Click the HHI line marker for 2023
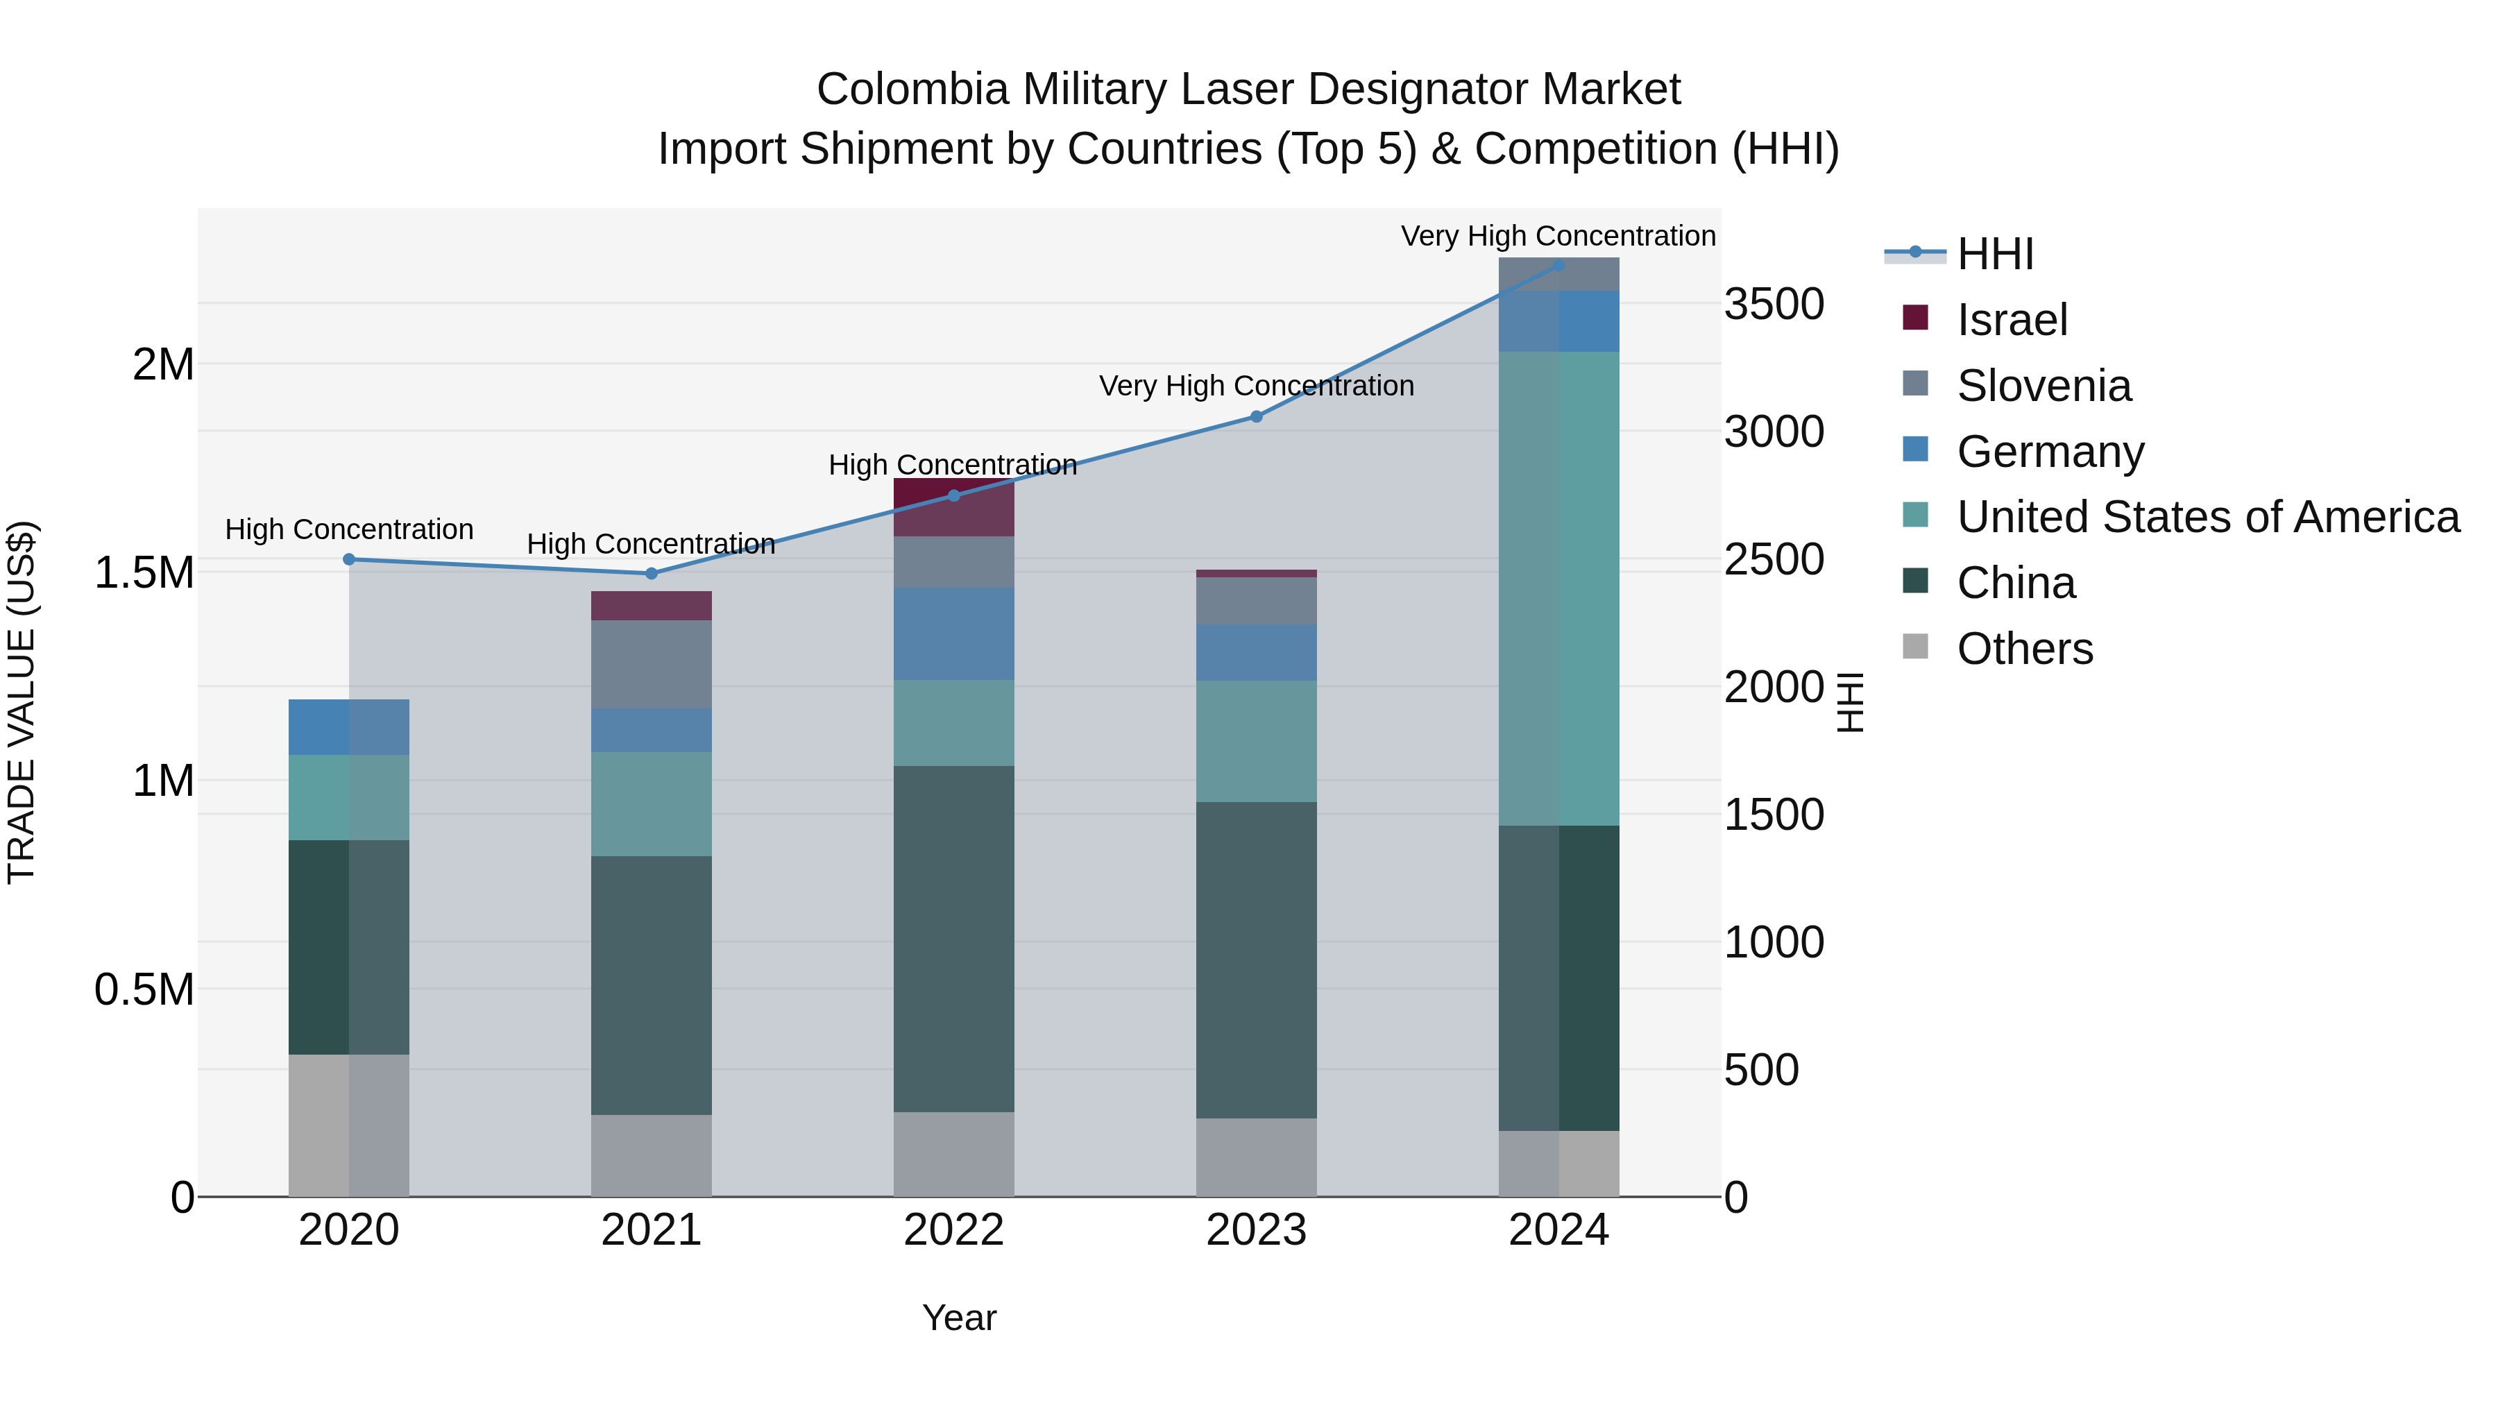click(1256, 417)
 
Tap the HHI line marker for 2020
click(349, 559)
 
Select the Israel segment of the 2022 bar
click(953, 508)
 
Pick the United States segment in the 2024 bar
click(1558, 588)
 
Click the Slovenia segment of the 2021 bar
click(651, 664)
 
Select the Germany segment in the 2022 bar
click(953, 633)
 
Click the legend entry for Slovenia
click(2044, 386)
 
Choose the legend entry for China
click(2015, 583)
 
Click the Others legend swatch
click(1915, 647)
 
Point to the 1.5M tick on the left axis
click(144, 573)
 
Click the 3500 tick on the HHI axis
click(1774, 305)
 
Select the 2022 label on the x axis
click(953, 1230)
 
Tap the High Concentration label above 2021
click(651, 544)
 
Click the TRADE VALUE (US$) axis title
click(22, 702)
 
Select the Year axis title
click(959, 1318)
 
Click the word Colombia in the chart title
click(912, 90)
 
